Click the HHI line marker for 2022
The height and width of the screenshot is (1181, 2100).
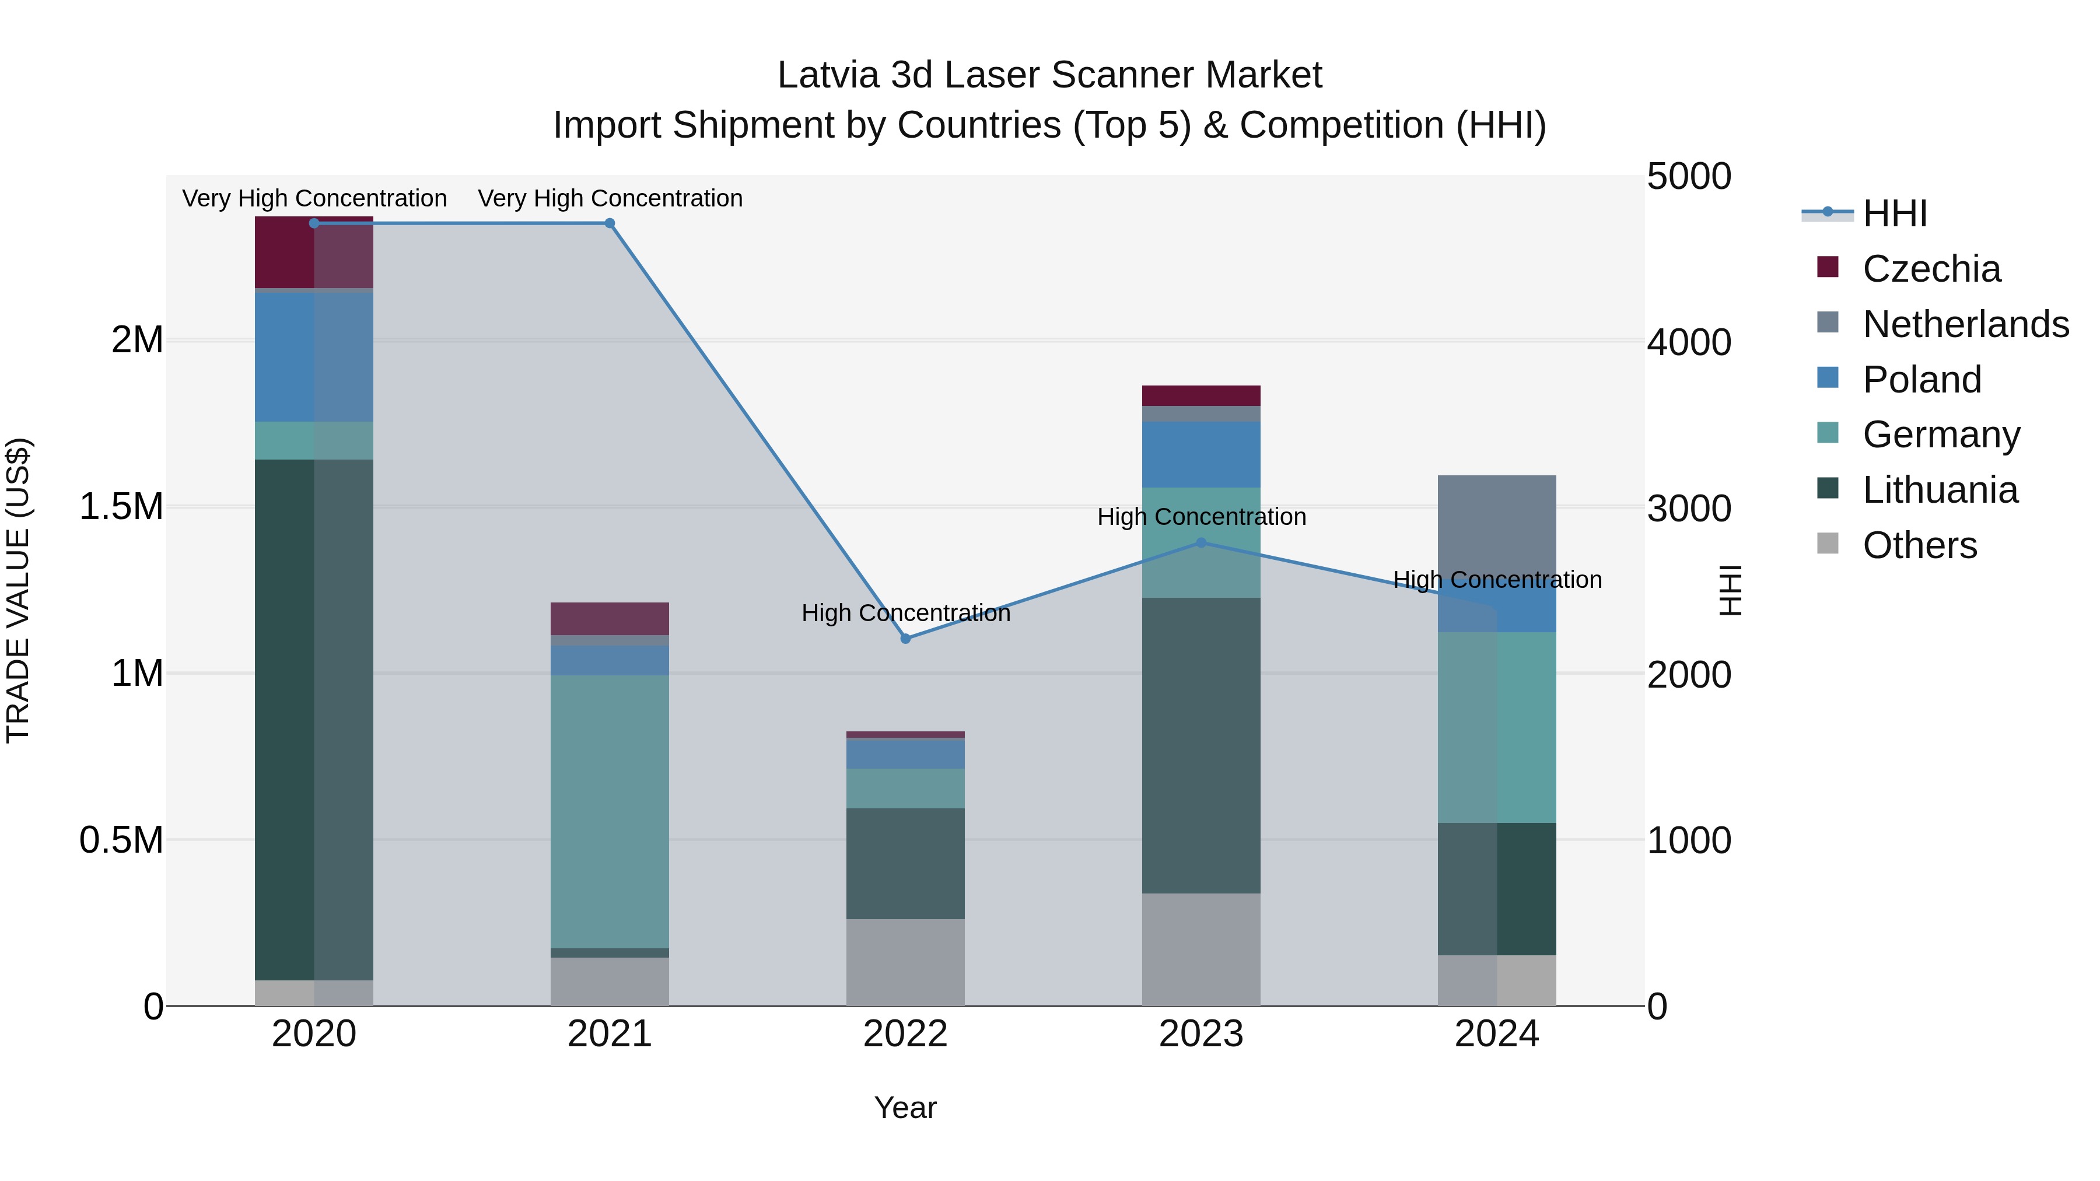(x=905, y=638)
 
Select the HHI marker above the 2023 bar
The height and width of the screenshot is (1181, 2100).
(x=1201, y=542)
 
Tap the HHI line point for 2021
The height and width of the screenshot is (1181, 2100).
(x=610, y=223)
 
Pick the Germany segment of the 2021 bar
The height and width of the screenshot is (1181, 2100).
(x=610, y=811)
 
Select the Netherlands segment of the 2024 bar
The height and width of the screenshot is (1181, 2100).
(x=1497, y=521)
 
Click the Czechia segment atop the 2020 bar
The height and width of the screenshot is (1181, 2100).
(x=314, y=252)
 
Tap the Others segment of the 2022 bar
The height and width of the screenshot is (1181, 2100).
(x=905, y=962)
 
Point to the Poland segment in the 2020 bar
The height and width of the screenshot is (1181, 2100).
(x=314, y=356)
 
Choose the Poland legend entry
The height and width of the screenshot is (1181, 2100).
(x=1921, y=380)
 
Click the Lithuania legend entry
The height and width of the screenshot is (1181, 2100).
(x=1940, y=490)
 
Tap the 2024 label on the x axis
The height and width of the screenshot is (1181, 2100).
(x=1497, y=1034)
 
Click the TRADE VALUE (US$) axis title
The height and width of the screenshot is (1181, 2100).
(x=18, y=590)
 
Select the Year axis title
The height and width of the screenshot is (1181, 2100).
(x=905, y=1108)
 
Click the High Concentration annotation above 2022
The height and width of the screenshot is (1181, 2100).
(x=905, y=613)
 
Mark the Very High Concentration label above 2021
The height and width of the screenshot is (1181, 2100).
(x=610, y=198)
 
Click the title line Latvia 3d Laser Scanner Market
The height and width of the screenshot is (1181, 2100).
(x=1049, y=75)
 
